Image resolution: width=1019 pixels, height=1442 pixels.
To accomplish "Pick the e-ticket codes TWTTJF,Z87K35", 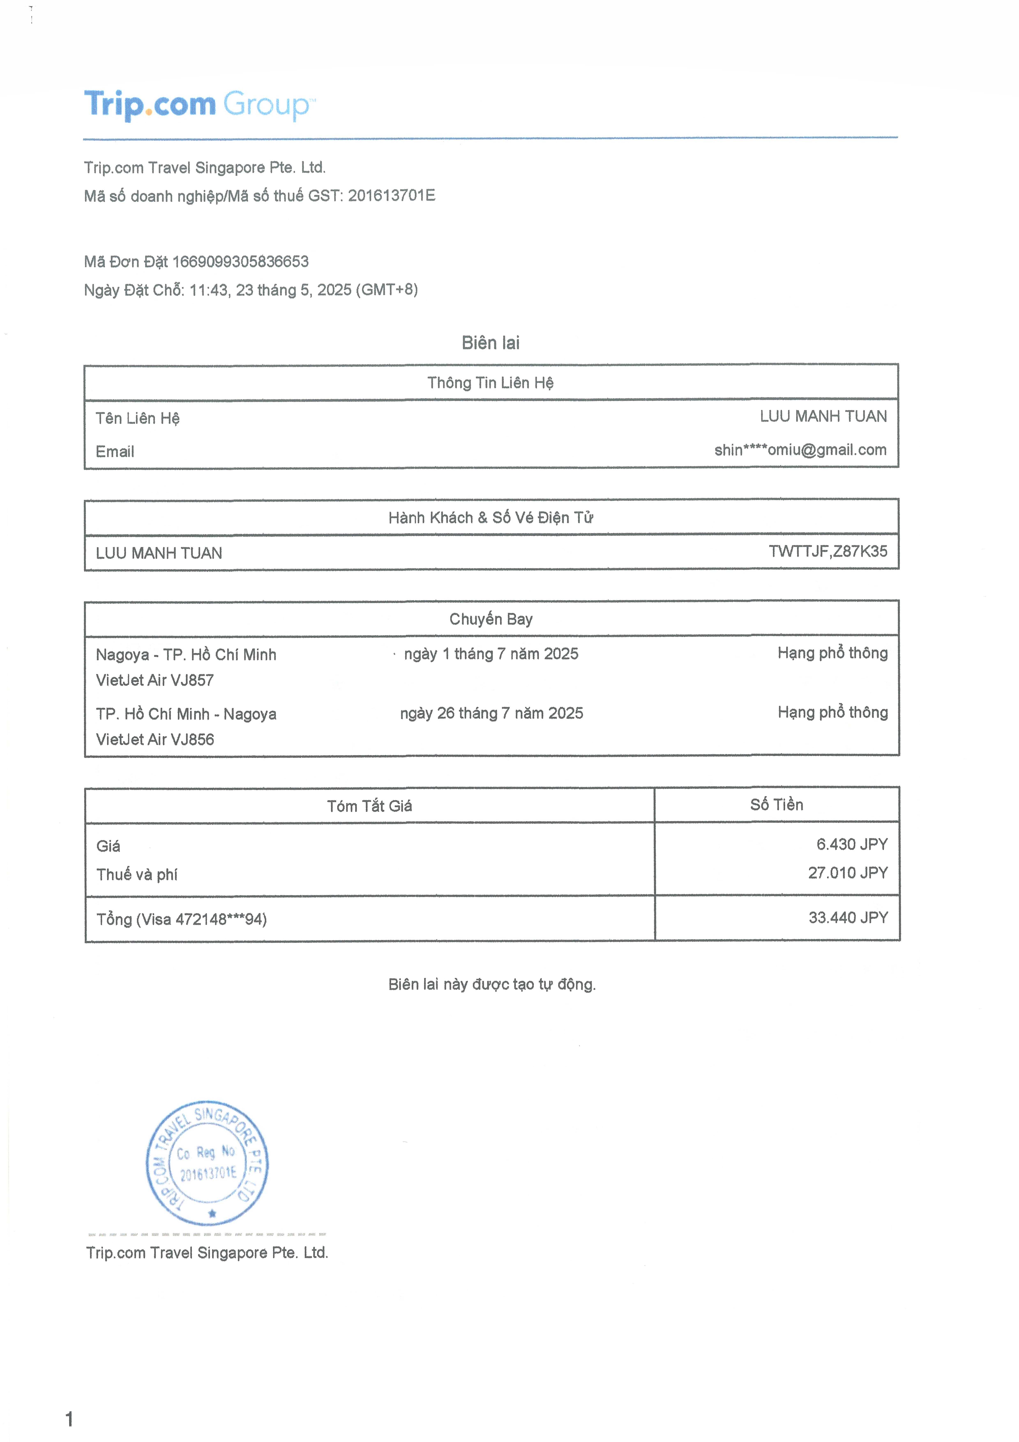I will [x=828, y=552].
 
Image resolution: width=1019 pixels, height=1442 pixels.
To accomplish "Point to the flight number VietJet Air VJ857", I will [x=154, y=680].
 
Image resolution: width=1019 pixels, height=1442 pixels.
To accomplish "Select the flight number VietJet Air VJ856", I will [x=154, y=739].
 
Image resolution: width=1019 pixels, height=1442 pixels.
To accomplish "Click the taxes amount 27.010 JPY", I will [x=848, y=872].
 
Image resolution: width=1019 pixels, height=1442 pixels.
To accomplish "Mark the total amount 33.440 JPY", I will [x=848, y=918].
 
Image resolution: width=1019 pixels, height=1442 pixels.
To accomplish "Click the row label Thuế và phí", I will [x=137, y=874].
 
